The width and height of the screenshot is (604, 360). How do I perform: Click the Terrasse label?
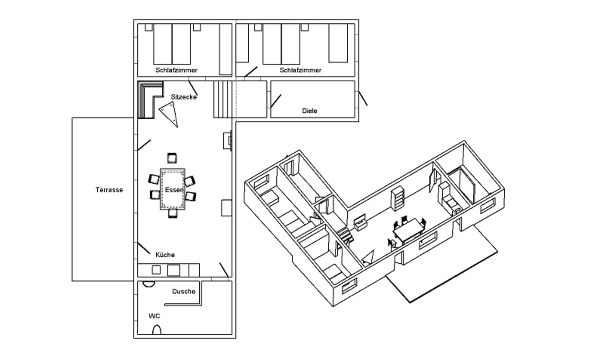pyautogui.click(x=109, y=190)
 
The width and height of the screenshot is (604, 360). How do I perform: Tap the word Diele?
pyautogui.click(x=310, y=111)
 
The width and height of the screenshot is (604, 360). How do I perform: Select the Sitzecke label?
pyautogui.click(x=183, y=97)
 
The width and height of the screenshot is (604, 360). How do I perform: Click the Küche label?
pyautogui.click(x=165, y=255)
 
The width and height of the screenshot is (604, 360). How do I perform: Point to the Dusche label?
pyautogui.click(x=183, y=291)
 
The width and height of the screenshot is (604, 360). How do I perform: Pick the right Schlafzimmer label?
pyautogui.click(x=300, y=70)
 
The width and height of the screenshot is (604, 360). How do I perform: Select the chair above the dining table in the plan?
pyautogui.click(x=172, y=158)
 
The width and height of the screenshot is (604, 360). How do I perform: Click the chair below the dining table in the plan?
pyautogui.click(x=172, y=213)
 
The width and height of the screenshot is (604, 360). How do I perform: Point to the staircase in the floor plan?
pyautogui.click(x=223, y=99)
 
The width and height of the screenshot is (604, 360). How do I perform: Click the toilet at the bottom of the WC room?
pyautogui.click(x=157, y=330)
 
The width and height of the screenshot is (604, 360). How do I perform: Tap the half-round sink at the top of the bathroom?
pyautogui.click(x=148, y=283)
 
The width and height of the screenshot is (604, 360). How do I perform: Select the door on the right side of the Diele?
pyautogui.click(x=363, y=98)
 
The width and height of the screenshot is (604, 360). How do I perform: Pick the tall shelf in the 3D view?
pyautogui.click(x=398, y=199)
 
